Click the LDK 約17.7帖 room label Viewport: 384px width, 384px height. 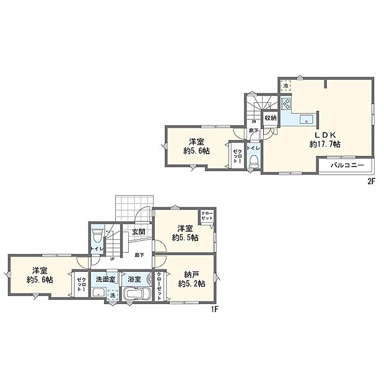(x=325, y=139)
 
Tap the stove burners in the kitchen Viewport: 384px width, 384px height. (x=287, y=103)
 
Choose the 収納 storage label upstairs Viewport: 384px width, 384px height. (x=270, y=118)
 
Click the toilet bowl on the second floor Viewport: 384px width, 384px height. (x=254, y=160)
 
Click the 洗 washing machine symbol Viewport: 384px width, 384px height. (x=112, y=295)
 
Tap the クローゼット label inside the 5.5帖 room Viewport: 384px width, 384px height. (x=206, y=217)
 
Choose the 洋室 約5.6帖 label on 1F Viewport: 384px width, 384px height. (x=40, y=274)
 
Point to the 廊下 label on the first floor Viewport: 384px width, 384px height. (x=139, y=255)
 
